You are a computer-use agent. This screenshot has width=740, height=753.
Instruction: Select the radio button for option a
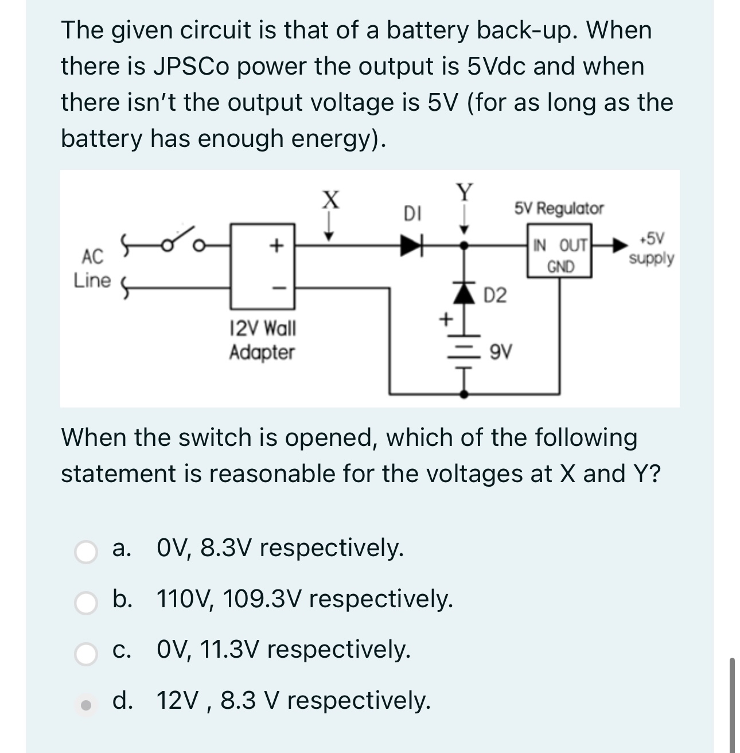87,552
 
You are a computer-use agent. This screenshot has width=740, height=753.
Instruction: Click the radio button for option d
87,704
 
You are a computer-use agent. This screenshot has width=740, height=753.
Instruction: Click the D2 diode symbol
465,294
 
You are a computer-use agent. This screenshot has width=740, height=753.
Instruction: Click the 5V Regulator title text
559,208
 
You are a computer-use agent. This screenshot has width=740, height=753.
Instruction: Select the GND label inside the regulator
560,267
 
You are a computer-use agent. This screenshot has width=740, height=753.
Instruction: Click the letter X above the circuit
329,200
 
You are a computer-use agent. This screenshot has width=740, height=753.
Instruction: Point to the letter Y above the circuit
465,191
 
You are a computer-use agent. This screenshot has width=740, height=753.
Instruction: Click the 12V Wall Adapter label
262,340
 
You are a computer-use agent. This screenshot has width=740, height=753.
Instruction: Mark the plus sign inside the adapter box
276,246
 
